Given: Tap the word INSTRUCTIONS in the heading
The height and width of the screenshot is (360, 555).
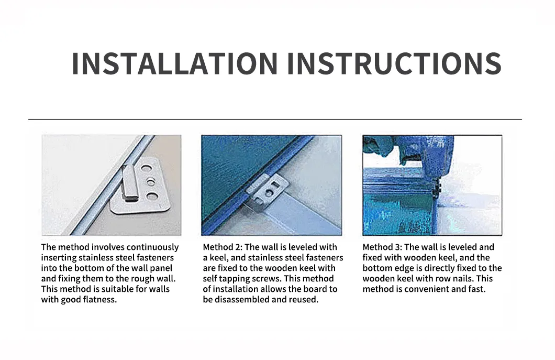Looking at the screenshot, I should tap(394, 63).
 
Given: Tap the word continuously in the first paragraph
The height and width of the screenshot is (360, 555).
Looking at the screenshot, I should tap(150, 247).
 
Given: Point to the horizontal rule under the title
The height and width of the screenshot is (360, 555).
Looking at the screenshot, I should tap(275, 119).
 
